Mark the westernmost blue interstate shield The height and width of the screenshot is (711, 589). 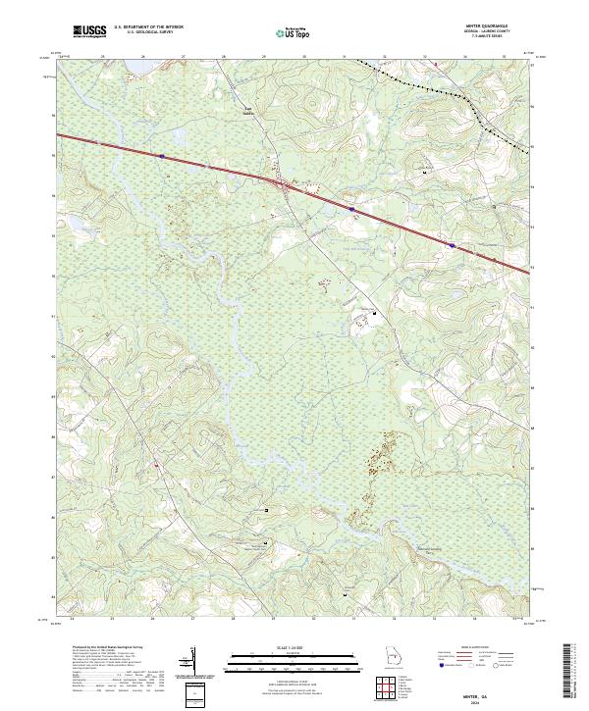[161, 154]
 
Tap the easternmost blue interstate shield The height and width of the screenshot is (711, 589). [452, 245]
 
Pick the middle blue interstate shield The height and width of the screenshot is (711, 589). [350, 208]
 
